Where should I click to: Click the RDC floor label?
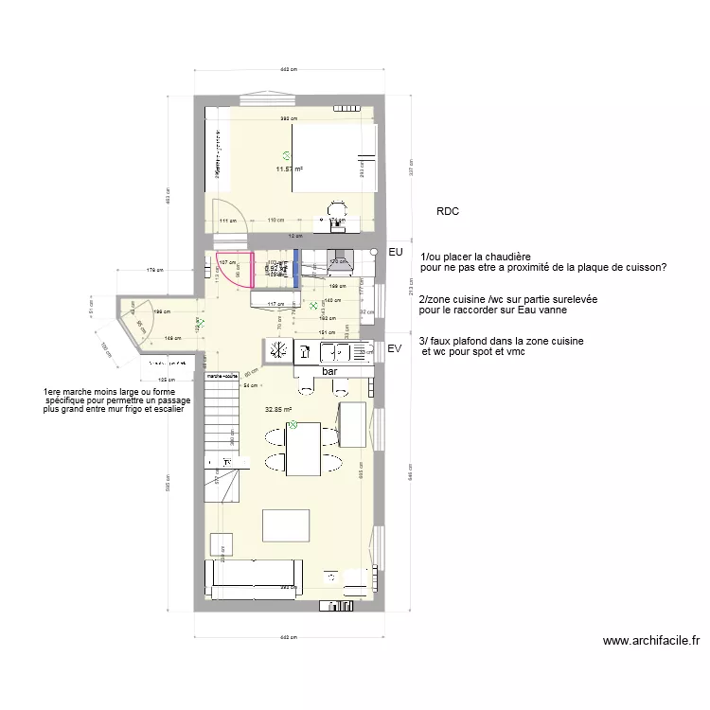(x=448, y=212)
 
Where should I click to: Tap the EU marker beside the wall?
(x=397, y=253)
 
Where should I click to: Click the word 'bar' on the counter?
(x=329, y=372)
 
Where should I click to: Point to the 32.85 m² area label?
(x=277, y=410)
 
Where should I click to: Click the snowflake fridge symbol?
(x=278, y=351)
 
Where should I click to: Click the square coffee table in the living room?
(x=287, y=525)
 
